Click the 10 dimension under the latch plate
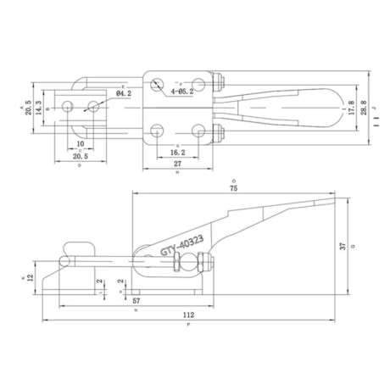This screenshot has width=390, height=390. coord(80,145)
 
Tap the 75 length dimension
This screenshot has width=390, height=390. coord(233,189)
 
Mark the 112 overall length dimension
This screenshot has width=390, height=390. coord(187,315)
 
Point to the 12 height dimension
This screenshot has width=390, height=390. coord(30,278)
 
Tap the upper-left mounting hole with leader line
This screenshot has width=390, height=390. coord(159,84)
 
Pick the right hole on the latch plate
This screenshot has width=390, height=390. coord(92,105)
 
